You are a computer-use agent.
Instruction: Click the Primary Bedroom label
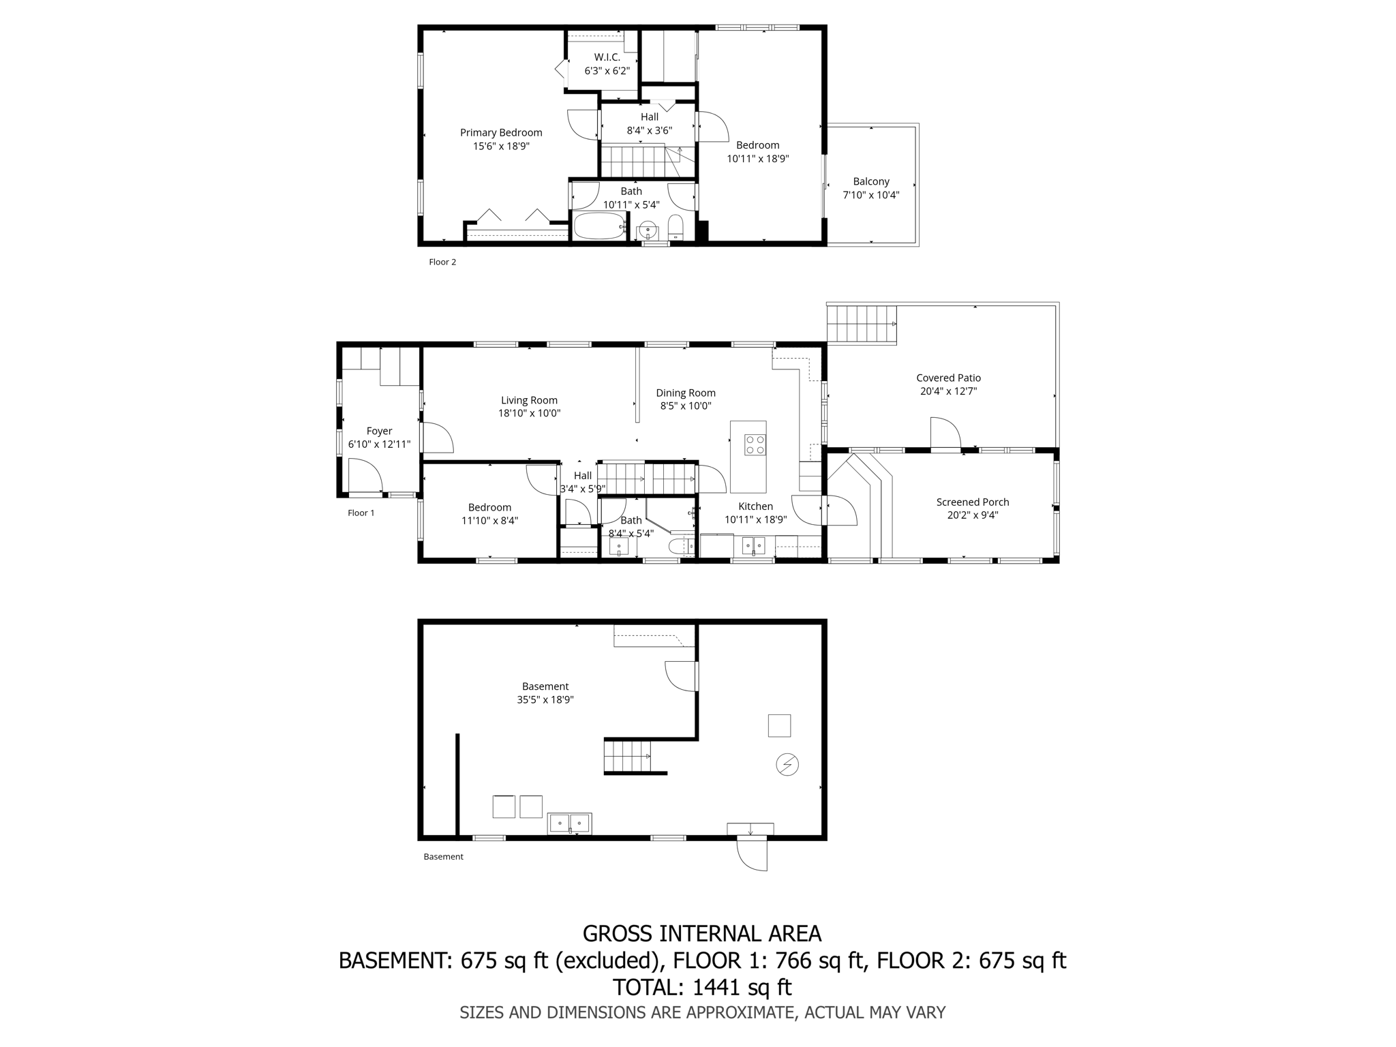pyautogui.click(x=501, y=133)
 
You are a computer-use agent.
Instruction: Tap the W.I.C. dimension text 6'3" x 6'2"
pyautogui.click(x=607, y=71)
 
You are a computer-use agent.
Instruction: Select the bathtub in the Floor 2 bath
pyautogui.click(x=599, y=226)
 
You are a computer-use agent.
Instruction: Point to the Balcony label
pyautogui.click(x=871, y=182)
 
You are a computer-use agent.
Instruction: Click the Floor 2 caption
pyautogui.click(x=442, y=262)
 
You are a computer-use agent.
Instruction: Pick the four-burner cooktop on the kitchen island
pyautogui.click(x=755, y=445)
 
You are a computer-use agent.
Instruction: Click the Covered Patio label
pyautogui.click(x=948, y=378)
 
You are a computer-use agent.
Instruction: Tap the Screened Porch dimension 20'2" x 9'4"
pyautogui.click(x=972, y=515)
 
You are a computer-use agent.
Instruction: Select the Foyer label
pyautogui.click(x=379, y=431)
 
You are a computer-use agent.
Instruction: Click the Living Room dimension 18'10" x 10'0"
pyautogui.click(x=529, y=413)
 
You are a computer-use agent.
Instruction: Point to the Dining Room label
pyautogui.click(x=686, y=393)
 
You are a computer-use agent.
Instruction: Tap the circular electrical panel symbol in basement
pyautogui.click(x=787, y=765)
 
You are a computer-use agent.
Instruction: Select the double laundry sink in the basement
pyautogui.click(x=570, y=823)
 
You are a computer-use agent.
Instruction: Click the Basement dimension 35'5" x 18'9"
pyautogui.click(x=545, y=699)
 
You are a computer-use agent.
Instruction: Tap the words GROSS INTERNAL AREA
pyautogui.click(x=701, y=933)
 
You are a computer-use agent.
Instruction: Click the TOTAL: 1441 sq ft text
pyautogui.click(x=701, y=987)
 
